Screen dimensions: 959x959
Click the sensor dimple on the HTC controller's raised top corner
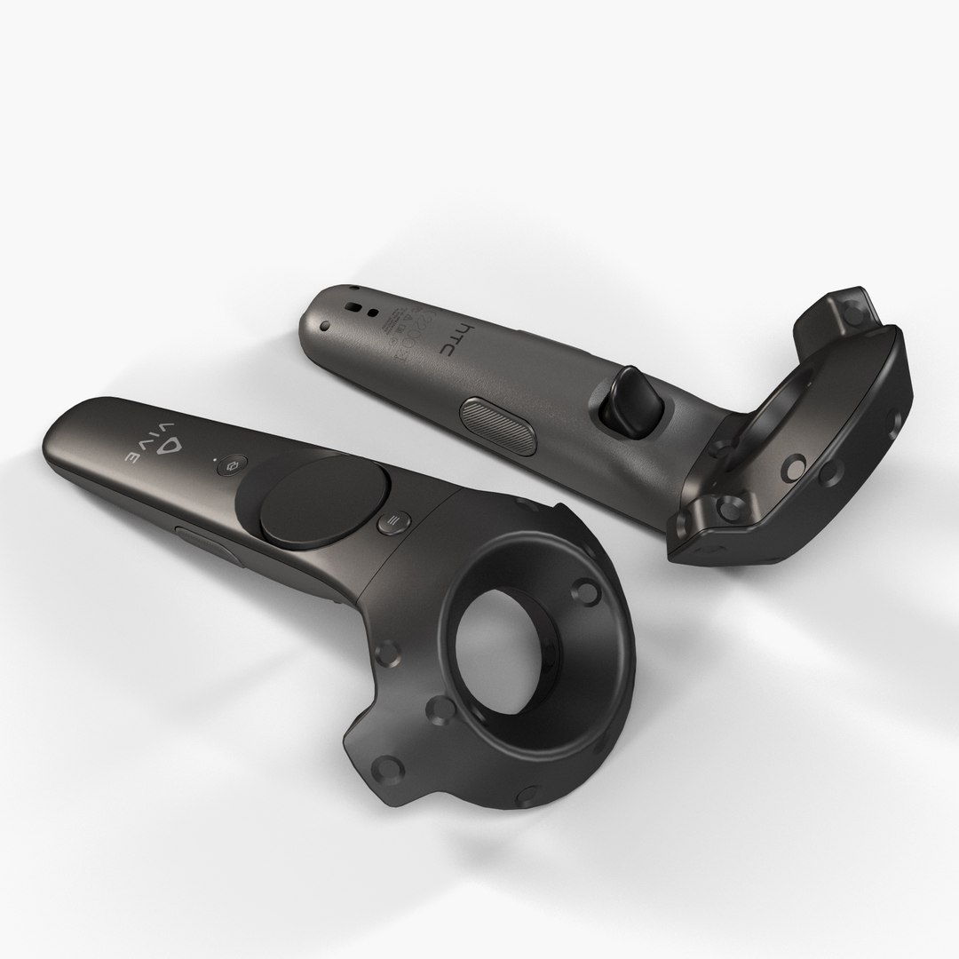click(x=854, y=311)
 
